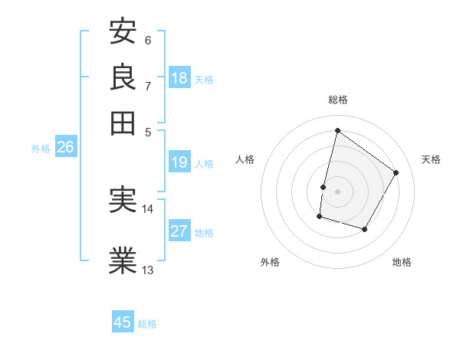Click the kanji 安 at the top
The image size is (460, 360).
[123, 32]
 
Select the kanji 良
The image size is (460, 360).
[123, 77]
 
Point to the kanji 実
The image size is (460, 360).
[123, 201]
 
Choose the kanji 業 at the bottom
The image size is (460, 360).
[123, 260]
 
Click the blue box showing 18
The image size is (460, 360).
[179, 78]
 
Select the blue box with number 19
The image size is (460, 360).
[179, 162]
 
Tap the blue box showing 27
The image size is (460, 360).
[179, 231]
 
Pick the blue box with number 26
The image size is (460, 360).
[65, 148]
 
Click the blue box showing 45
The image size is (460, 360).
[123, 322]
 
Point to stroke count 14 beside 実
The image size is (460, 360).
[148, 209]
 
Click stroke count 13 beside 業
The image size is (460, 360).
[148, 270]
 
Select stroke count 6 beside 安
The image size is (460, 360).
[148, 40]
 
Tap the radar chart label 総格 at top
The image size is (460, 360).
[338, 100]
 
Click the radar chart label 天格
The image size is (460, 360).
[432, 159]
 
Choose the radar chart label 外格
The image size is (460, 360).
[270, 262]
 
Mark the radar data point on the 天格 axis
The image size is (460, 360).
[396, 172]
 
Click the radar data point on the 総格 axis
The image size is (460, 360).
[337, 130]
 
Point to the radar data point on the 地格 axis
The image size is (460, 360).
[365, 229]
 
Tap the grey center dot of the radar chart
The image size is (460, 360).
[337, 191]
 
